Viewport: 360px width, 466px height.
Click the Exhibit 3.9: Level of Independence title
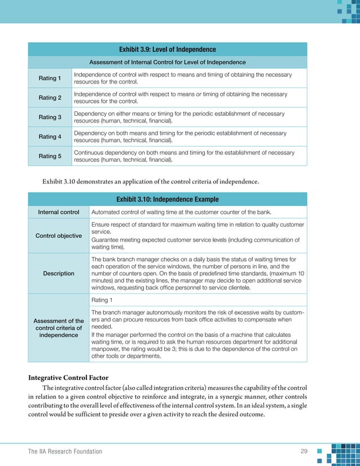(167, 50)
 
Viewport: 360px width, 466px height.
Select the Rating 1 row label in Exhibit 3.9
(50, 78)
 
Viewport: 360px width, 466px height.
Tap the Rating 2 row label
(50, 98)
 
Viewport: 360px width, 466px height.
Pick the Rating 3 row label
(50, 117)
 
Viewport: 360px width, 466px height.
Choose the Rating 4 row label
(50, 137)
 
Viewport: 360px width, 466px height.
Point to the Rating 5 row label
(50, 156)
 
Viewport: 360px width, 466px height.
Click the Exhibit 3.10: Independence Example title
(167, 199)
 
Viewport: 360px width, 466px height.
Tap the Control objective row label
(59, 235)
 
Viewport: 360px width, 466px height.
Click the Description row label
(59, 273)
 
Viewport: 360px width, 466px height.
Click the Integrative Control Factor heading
(69, 377)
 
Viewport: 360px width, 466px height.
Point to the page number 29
(304, 451)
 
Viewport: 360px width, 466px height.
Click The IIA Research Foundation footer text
(65, 451)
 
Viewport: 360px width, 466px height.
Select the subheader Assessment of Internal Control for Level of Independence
(167, 62)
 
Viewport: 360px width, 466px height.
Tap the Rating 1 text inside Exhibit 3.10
(102, 300)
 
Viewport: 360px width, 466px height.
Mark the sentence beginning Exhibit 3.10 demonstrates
(151, 182)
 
